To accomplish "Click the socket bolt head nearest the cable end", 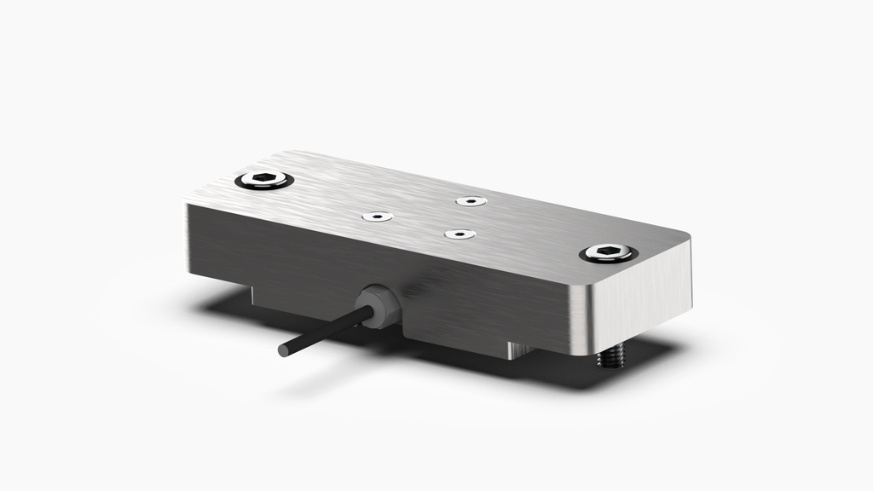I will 264,181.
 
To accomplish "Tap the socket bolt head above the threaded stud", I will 607,253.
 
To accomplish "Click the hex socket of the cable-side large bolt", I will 263,180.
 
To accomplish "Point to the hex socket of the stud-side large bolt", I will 607,252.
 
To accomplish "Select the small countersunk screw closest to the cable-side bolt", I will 377,217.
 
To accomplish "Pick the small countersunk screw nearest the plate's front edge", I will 460,234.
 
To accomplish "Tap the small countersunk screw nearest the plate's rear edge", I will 471,201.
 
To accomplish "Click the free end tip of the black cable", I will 283,349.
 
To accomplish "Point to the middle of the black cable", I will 324,332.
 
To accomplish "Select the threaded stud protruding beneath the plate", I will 610,357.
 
